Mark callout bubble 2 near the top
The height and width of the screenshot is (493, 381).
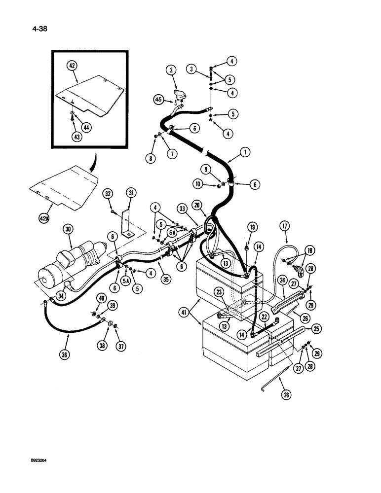(x=171, y=71)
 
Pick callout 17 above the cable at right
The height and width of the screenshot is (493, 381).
(x=285, y=226)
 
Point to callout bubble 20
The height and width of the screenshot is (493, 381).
(x=198, y=206)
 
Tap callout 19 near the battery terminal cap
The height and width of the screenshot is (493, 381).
(x=252, y=227)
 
